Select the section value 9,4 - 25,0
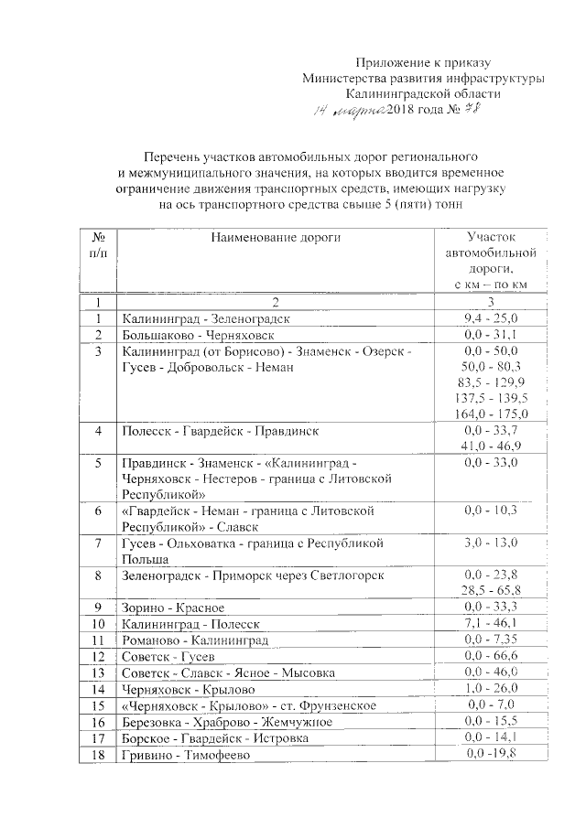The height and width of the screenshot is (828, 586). [492, 318]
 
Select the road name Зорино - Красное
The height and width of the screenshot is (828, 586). [172, 608]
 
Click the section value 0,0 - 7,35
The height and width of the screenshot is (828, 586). [492, 639]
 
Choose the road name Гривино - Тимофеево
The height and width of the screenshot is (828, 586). [184, 755]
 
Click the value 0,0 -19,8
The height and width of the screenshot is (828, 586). [492, 754]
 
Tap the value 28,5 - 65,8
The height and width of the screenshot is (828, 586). [492, 590]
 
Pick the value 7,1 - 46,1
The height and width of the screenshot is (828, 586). [492, 623]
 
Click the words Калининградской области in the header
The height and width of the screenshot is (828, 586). [423, 94]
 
